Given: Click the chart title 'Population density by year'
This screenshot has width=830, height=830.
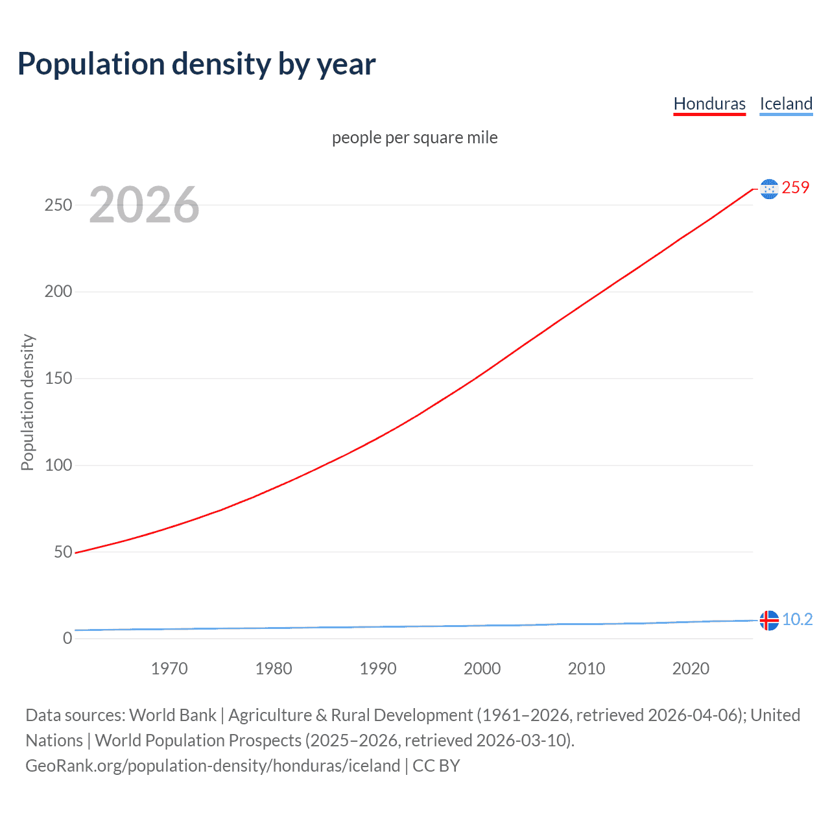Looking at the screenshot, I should pyautogui.click(x=196, y=64).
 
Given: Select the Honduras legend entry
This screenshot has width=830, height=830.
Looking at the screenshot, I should pyautogui.click(x=709, y=104).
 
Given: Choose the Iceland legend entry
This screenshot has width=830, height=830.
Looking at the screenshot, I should pyautogui.click(x=786, y=104).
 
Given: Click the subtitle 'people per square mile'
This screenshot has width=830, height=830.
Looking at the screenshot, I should pyautogui.click(x=414, y=137).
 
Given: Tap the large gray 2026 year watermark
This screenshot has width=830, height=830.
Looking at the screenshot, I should pyautogui.click(x=144, y=205).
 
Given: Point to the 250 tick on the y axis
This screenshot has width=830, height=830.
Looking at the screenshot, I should pyautogui.click(x=58, y=205).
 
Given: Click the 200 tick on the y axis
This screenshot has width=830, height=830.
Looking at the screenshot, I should pyautogui.click(x=58, y=292).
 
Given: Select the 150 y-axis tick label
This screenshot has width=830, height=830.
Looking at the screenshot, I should pyautogui.click(x=58, y=379).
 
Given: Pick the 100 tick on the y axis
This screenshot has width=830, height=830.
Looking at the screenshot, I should pyautogui.click(x=58, y=465).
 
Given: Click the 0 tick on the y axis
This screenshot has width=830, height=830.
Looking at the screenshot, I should pyautogui.click(x=67, y=639).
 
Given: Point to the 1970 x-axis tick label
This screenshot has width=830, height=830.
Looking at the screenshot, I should pyautogui.click(x=169, y=669).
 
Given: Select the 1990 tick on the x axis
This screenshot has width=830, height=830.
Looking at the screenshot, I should pyautogui.click(x=378, y=669).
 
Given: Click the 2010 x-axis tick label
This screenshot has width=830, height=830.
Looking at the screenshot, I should pyautogui.click(x=586, y=669).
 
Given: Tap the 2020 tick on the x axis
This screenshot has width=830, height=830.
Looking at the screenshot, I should pyautogui.click(x=691, y=669).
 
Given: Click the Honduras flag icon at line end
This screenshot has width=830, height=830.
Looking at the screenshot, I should pyautogui.click(x=769, y=189).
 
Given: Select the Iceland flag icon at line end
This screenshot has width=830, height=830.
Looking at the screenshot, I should pyautogui.click(x=769, y=621).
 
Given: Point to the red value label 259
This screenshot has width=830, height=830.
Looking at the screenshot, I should pyautogui.click(x=796, y=187).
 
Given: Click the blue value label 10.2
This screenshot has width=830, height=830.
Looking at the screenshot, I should pyautogui.click(x=797, y=619).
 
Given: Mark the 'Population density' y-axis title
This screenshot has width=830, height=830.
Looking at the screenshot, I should pyautogui.click(x=27, y=402).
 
